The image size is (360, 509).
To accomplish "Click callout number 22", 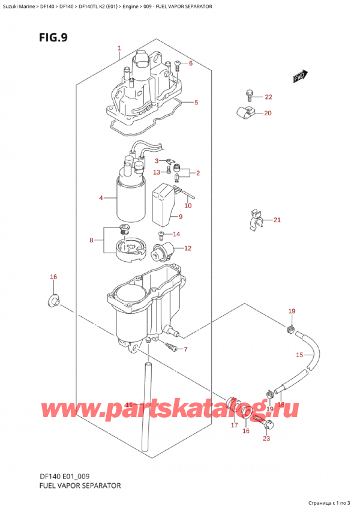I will click(x=268, y=97).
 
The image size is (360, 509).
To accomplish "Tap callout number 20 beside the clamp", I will click(x=268, y=113).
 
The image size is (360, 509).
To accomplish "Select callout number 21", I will click(x=277, y=220).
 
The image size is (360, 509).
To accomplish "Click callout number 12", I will click(x=188, y=248).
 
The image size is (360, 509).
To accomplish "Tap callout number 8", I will click(x=91, y=240).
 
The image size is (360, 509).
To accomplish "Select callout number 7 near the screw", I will click(x=186, y=349).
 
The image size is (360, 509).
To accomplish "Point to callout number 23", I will click(x=266, y=438).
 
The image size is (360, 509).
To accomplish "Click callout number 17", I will click(x=234, y=425).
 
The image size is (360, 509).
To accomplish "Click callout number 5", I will click(x=196, y=102).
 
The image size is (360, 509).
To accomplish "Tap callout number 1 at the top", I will click(x=119, y=48).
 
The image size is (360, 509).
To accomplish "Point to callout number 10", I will click(x=188, y=206).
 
